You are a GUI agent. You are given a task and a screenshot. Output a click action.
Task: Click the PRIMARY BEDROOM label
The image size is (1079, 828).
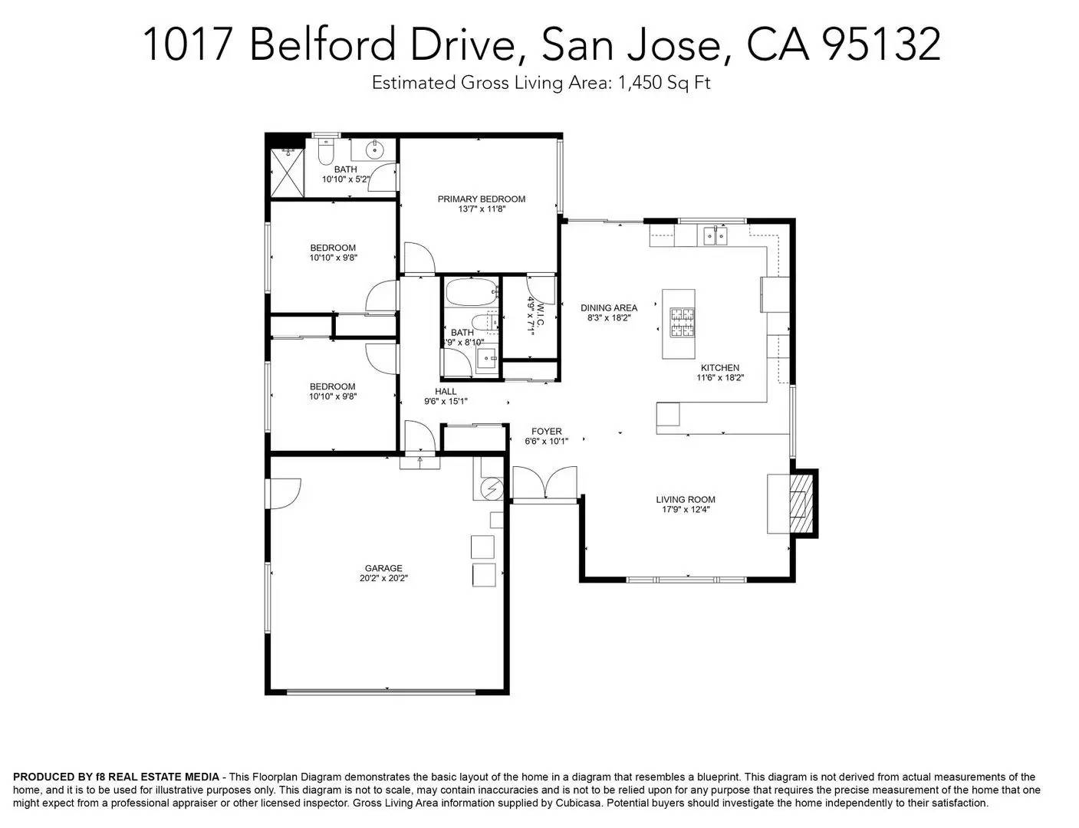[482, 199]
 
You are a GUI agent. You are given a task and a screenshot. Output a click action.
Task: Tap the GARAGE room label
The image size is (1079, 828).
[383, 568]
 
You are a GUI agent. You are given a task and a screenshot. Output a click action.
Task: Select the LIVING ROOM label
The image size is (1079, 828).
[686, 500]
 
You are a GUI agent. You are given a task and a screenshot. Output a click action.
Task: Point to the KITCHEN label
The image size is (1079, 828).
[719, 368]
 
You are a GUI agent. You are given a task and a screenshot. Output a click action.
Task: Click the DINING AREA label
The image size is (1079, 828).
[609, 308]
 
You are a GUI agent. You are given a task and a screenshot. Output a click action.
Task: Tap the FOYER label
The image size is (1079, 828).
[546, 432]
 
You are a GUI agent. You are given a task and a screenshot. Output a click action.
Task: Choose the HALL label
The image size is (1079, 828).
[446, 391]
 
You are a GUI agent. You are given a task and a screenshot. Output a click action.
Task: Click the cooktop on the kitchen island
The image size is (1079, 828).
[679, 323]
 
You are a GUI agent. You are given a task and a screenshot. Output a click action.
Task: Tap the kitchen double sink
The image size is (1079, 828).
[716, 235]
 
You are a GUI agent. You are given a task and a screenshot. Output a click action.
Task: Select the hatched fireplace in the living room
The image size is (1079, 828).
[801, 504]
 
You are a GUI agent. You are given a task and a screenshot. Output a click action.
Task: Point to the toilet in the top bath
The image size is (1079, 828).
[324, 152]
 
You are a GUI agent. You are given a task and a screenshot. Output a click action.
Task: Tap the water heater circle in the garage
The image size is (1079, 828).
[492, 488]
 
